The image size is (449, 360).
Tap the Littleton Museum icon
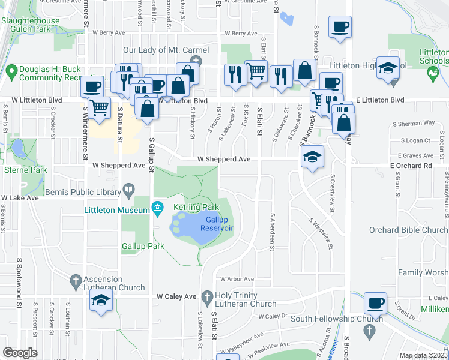point(158,209)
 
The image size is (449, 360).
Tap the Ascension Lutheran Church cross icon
point(76,280)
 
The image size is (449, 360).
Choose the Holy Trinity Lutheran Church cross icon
point(207,296)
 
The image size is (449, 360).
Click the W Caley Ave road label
point(176,296)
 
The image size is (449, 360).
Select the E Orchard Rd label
point(411,165)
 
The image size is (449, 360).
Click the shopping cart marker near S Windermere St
point(100,108)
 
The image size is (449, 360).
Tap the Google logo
point(20,353)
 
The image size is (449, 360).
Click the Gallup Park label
point(143,247)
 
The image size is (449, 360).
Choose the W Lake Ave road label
point(20,197)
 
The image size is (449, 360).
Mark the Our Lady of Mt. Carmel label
point(166,50)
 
